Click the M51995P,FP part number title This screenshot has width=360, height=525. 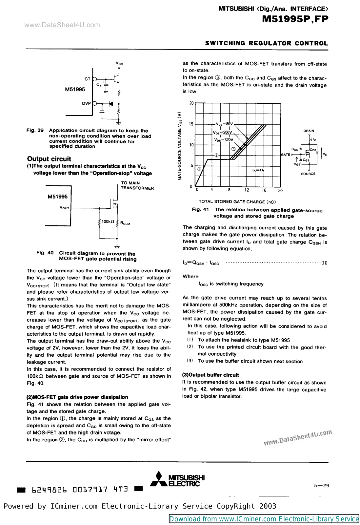pos(295,19)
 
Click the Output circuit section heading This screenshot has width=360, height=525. pos(49,159)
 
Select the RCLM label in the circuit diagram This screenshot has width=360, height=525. pos(125,223)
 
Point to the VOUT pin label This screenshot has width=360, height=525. pos(64,208)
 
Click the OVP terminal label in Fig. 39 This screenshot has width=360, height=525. pos(86,103)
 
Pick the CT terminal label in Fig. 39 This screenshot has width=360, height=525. pos(87,79)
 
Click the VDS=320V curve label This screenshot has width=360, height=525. pos(224,140)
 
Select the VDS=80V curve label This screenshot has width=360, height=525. pos(224,124)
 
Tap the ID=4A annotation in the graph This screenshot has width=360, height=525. pos(258,170)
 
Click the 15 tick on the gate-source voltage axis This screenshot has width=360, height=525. pos(191,124)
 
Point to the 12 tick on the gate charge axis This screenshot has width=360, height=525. pos(247,190)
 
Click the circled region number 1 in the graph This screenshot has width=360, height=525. pos(199,169)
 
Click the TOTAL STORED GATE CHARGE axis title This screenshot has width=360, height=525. pos(237,202)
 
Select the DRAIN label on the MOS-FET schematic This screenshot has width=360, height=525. pos(309,131)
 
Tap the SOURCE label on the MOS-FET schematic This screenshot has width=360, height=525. pos(308,174)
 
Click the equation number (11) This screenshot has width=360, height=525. pos(324,263)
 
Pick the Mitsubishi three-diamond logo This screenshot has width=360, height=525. pos(159,479)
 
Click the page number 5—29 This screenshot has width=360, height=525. pos(321,486)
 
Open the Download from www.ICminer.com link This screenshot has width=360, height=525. pos(264,519)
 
